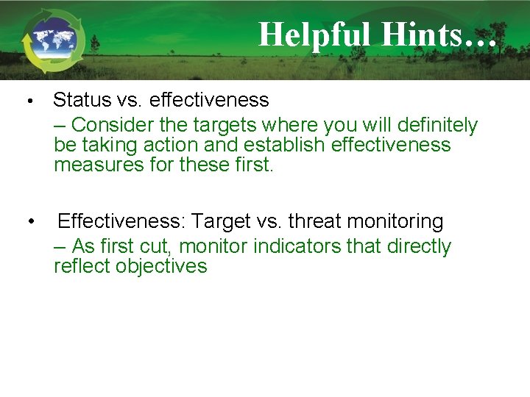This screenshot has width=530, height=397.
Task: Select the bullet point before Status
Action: pos(27,100)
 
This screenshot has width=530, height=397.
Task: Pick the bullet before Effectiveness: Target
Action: pos(30,221)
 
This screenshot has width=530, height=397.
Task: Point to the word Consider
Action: pos(112,125)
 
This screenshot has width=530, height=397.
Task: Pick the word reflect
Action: pos(82,266)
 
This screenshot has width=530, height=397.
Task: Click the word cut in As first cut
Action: pos(158,246)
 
